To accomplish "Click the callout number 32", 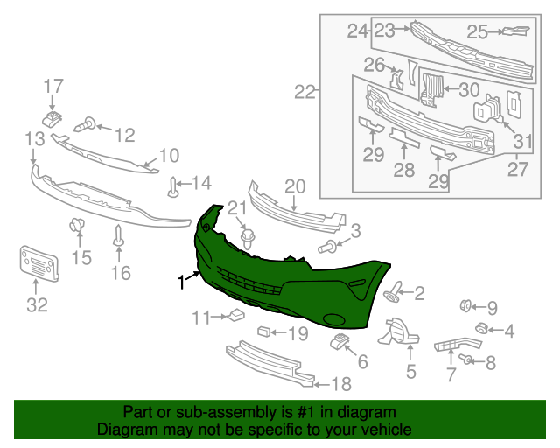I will [x=37, y=305].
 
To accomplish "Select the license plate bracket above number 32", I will [x=38, y=262].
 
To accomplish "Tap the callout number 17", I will [x=53, y=86].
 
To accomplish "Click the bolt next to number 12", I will [x=88, y=126].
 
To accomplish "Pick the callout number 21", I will [x=238, y=207].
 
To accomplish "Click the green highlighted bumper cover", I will [x=289, y=262].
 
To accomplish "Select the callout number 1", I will [x=181, y=282].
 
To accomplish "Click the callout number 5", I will [x=409, y=370].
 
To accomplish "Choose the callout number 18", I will [x=339, y=383].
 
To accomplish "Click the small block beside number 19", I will [x=262, y=332].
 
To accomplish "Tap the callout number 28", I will [x=403, y=169].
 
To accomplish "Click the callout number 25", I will [x=477, y=32].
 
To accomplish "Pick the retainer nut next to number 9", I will [x=466, y=305].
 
